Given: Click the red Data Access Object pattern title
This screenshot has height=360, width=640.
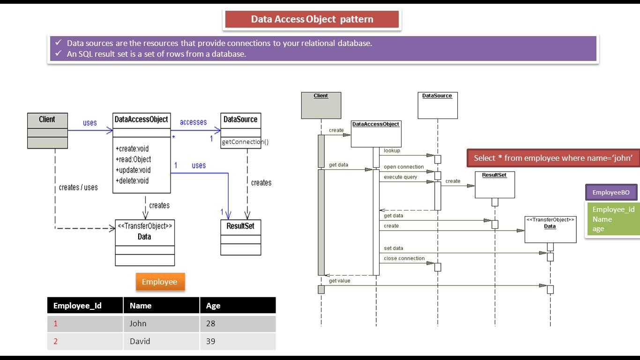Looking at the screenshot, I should pyautogui.click(x=312, y=19).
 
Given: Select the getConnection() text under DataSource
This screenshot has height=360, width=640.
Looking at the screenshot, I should pyautogui.click(x=245, y=142).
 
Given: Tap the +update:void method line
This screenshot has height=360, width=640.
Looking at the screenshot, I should pyautogui.click(x=133, y=170).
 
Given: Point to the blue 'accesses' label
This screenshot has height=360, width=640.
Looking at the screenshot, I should pyautogui.click(x=193, y=122).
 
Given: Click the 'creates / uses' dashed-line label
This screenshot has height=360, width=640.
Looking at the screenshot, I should pyautogui.click(x=78, y=187).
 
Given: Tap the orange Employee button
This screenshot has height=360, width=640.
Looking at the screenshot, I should pyautogui.click(x=160, y=282).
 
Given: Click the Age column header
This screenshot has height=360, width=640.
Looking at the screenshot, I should pyautogui.click(x=213, y=306).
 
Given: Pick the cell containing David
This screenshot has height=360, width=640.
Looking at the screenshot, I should pyautogui.click(x=140, y=341).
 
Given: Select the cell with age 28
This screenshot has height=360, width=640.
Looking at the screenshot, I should pyautogui.click(x=211, y=323).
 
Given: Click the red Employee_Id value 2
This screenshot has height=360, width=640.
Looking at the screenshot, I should pyautogui.click(x=56, y=341).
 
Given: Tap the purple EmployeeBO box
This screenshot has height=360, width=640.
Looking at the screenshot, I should pyautogui.click(x=611, y=192).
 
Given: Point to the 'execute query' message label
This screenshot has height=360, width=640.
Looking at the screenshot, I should pyautogui.click(x=400, y=177).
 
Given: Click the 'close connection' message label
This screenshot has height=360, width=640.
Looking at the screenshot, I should pyautogui.click(x=404, y=258).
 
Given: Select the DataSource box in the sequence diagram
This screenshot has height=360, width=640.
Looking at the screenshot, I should pyautogui.click(x=437, y=105).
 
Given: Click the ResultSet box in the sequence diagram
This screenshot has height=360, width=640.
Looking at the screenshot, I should pyautogui.click(x=494, y=185).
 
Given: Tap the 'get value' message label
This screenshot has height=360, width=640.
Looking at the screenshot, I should pyautogui.click(x=339, y=281).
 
